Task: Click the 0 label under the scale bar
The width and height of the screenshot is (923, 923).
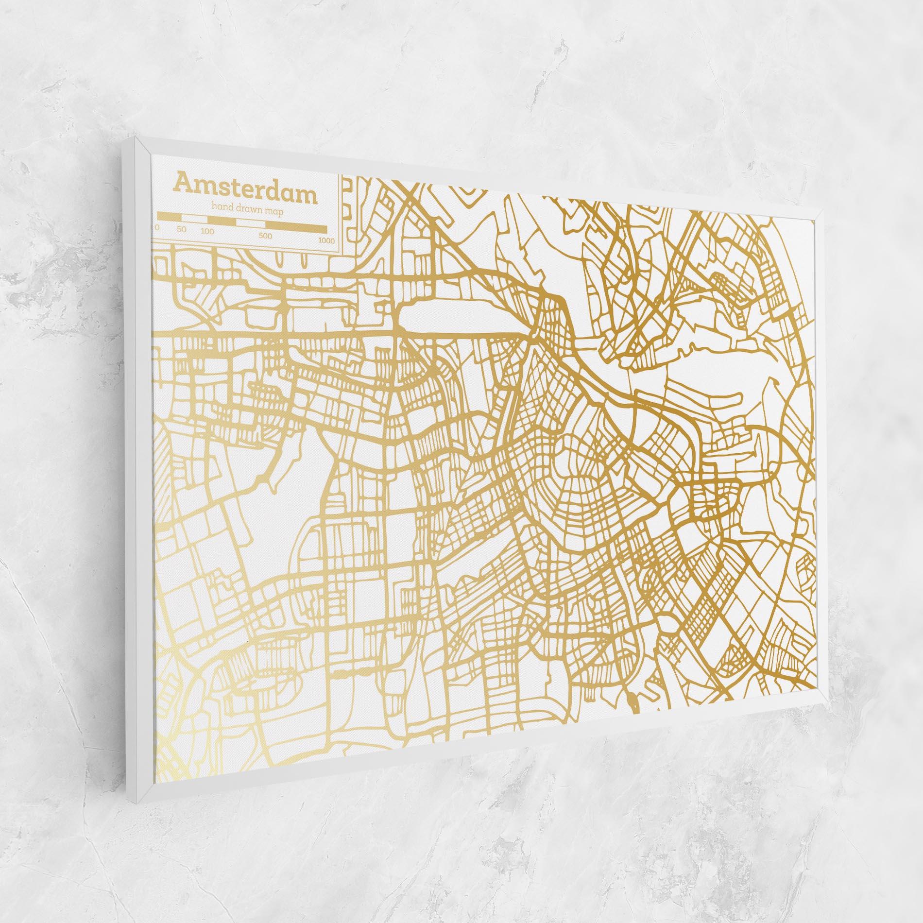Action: click(x=157, y=227)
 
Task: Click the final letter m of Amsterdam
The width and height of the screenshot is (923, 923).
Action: click(x=307, y=196)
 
